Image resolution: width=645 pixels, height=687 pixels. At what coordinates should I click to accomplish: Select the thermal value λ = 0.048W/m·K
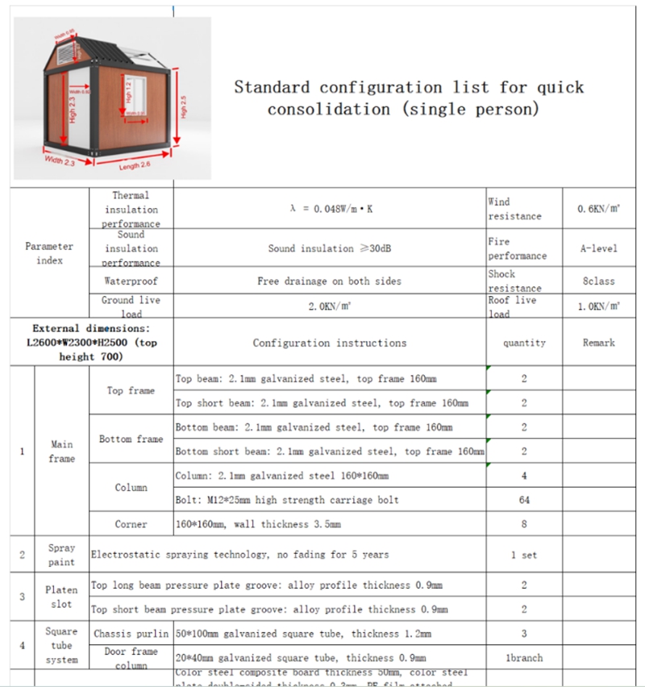pyautogui.click(x=331, y=209)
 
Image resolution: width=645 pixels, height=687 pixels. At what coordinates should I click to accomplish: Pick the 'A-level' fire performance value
pyautogui.click(x=598, y=248)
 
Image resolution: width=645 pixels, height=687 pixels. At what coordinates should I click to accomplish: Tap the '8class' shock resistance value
pyautogui.click(x=598, y=281)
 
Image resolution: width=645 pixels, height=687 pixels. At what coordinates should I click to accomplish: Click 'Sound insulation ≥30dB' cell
pyautogui.click(x=330, y=248)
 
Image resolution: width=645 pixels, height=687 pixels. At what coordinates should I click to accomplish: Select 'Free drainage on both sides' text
pyautogui.click(x=329, y=281)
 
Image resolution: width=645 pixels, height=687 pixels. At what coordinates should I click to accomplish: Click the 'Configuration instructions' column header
pyautogui.click(x=330, y=343)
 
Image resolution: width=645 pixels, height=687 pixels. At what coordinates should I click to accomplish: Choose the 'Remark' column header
pyautogui.click(x=598, y=343)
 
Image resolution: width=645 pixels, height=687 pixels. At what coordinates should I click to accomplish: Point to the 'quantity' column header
pyautogui.click(x=524, y=343)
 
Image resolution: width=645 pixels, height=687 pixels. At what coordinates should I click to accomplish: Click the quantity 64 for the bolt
pyautogui.click(x=524, y=500)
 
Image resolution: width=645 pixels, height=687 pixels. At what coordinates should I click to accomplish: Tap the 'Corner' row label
pyautogui.click(x=131, y=524)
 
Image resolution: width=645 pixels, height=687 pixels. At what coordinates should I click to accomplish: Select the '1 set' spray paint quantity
pyautogui.click(x=524, y=555)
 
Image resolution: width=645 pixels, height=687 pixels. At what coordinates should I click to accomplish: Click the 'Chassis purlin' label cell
pyautogui.click(x=131, y=634)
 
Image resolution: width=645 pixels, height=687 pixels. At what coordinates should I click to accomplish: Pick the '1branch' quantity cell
pyautogui.click(x=524, y=658)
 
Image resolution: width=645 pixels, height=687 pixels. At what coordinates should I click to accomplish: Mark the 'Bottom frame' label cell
pyautogui.click(x=131, y=439)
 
